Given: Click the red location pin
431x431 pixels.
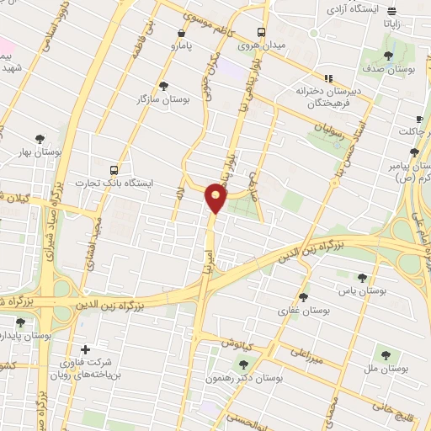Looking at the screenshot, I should point(215,197).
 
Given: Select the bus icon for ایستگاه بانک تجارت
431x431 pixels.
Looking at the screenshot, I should point(114,168).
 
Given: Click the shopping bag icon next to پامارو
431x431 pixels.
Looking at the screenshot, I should point(181,34).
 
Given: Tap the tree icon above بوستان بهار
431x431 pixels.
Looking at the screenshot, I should point(39,140).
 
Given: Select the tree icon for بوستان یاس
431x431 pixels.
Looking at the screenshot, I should point(362,277).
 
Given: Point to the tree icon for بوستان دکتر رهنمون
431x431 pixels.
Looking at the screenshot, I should point(244,364).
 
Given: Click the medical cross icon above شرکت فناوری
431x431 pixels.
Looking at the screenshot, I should point(85,349).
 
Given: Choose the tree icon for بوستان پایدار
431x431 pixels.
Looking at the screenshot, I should point(20,322).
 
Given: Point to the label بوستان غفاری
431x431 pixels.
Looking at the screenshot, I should point(306,310).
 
